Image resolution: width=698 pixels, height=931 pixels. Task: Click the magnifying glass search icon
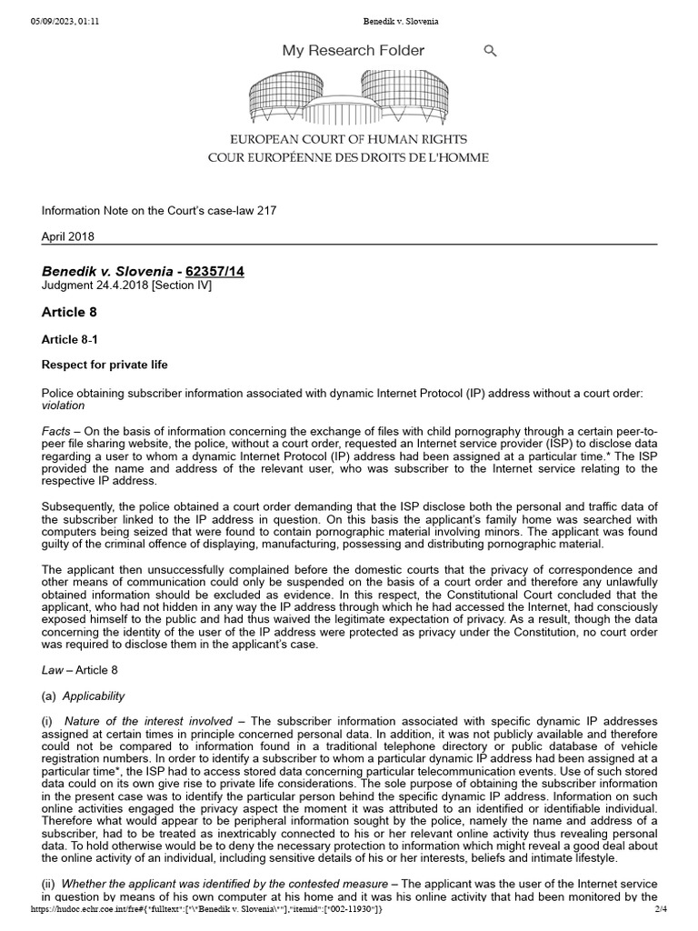point(490,51)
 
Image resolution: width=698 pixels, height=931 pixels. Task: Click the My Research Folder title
point(353,51)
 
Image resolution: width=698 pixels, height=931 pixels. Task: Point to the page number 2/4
point(661,908)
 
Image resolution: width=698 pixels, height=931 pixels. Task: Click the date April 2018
point(68,236)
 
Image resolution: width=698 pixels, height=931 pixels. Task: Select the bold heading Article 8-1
point(71,339)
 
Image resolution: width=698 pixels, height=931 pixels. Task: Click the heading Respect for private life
point(105,365)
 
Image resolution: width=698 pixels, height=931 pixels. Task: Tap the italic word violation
point(68,405)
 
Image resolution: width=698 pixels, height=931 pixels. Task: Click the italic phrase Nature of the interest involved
point(149,721)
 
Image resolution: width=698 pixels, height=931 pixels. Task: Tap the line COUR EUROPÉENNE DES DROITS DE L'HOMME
point(348,157)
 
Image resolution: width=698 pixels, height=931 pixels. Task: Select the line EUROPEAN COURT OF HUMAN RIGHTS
point(348,140)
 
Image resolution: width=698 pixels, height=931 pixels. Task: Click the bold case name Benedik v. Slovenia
point(106,271)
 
